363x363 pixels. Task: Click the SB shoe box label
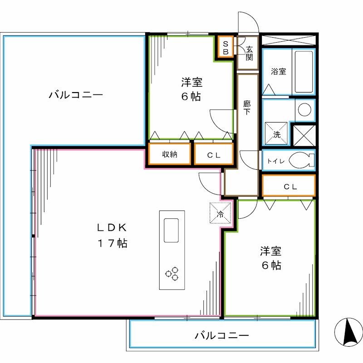point(224,47)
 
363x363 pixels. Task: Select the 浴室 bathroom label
point(278,71)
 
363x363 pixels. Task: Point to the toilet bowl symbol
point(301,160)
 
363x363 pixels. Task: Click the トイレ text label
point(275,160)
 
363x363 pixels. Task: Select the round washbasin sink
point(304,109)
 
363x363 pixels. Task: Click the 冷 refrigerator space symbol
point(220,213)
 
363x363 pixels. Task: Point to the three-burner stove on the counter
point(172,274)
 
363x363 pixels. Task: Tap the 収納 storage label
point(170,154)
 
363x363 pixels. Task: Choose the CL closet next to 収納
point(214,155)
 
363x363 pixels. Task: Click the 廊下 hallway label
point(247,108)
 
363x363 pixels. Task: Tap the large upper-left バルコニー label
point(76,95)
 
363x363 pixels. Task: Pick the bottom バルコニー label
point(222,336)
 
